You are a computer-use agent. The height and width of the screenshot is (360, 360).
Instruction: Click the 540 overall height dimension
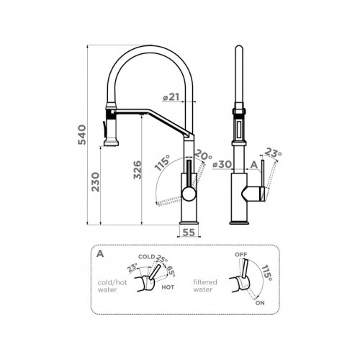tap(82, 135)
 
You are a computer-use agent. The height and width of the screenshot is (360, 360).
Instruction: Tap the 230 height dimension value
tap(96, 181)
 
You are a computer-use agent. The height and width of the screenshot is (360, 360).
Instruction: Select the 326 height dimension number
tap(138, 170)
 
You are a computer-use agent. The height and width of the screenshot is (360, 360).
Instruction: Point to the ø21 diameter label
tap(171, 97)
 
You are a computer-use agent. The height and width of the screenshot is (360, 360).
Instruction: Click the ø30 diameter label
tap(222, 164)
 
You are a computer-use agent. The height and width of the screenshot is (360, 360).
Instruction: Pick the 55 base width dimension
tap(189, 233)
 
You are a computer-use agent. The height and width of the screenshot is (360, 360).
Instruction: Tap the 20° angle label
tap(203, 156)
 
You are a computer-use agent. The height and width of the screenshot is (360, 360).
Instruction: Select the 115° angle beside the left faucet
tap(162, 163)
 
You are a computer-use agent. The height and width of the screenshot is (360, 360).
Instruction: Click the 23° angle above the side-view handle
tap(273, 153)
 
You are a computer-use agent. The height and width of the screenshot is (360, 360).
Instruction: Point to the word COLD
tap(147, 256)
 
